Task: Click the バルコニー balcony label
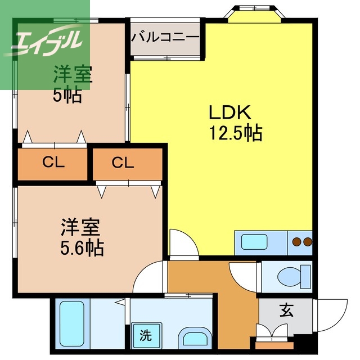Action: pos(165,38)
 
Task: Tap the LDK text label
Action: pos(230,112)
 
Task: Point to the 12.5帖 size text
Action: pos(236,133)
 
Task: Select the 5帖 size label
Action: pos(67,95)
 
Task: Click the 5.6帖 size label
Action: pos(82,248)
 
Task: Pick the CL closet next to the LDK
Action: pos(128,164)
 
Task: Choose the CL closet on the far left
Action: pos(52,164)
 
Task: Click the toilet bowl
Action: pos(294,277)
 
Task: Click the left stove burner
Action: pos(296,241)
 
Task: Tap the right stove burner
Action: pos(308,241)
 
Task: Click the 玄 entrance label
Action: pos(286,310)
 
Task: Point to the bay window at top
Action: pos(254,14)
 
